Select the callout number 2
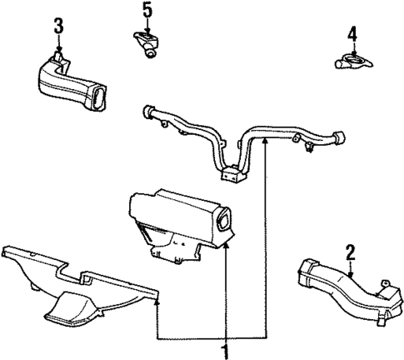[x=351, y=250]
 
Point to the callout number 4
[x=352, y=35]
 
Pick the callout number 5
[x=147, y=10]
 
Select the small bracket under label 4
[x=351, y=62]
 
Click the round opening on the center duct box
[x=225, y=222]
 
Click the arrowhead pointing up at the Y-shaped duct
[x=265, y=143]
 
